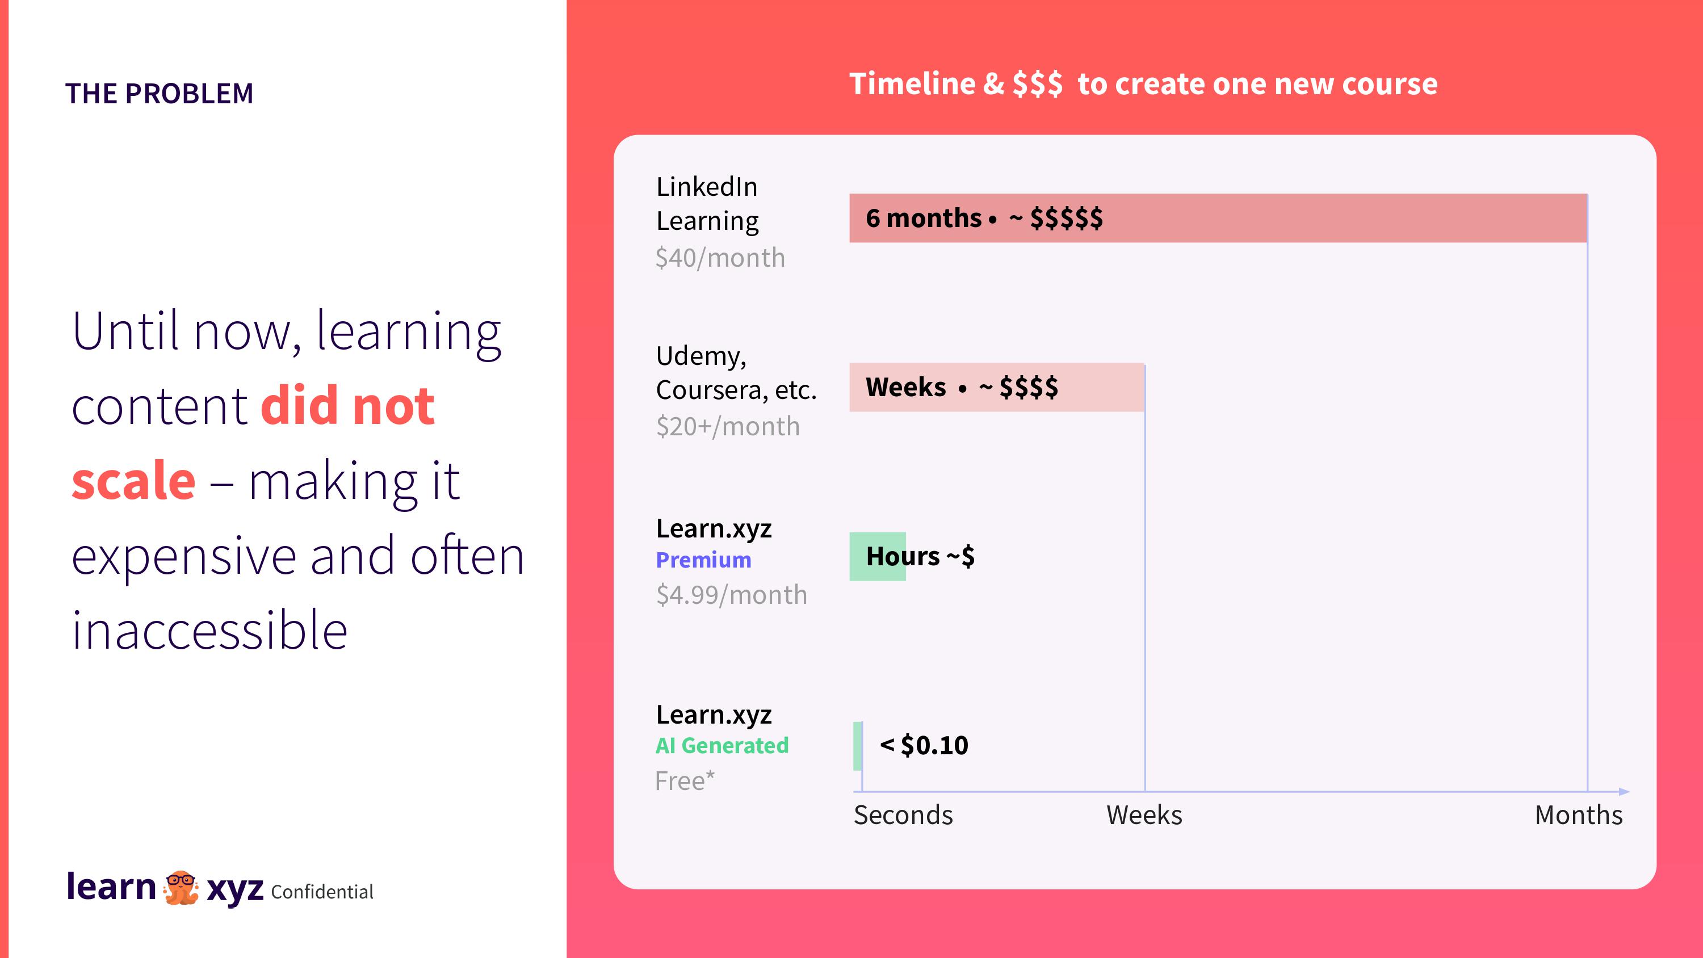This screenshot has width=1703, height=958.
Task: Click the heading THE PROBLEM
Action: pos(160,94)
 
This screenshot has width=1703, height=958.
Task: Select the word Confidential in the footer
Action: pos(322,892)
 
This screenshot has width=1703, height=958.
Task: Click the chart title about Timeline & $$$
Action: pos(1143,84)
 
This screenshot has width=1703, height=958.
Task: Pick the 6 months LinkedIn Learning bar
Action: pos(1218,218)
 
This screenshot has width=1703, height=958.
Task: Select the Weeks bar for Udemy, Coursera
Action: pos(997,388)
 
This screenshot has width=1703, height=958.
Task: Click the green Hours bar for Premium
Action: pos(877,557)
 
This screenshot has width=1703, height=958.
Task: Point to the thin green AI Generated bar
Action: pos(857,746)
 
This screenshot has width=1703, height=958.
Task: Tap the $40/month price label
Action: pos(720,258)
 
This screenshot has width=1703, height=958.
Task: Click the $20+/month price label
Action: pos(728,426)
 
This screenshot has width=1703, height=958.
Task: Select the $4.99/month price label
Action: pos(731,595)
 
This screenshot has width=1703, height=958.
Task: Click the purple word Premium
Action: pos(703,560)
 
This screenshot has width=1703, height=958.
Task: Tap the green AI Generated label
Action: pos(722,746)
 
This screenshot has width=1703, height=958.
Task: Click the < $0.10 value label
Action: pos(924,746)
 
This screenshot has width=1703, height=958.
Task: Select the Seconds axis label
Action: pos(903,815)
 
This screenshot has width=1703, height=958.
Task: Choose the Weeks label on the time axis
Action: pos(1144,815)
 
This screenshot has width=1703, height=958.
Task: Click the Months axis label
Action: pos(1579,815)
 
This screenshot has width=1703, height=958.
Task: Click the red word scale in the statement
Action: pos(133,481)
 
